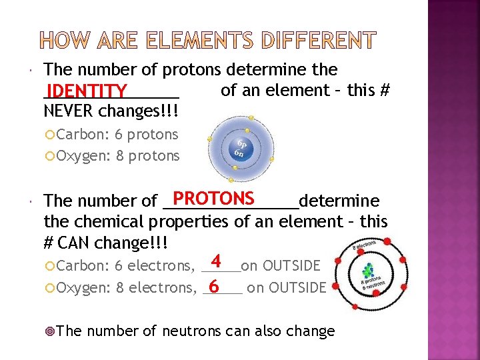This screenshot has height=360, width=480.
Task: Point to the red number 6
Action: [213, 287]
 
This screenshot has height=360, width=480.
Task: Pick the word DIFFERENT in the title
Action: [319, 42]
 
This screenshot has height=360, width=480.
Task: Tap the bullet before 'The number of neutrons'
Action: [59, 331]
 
